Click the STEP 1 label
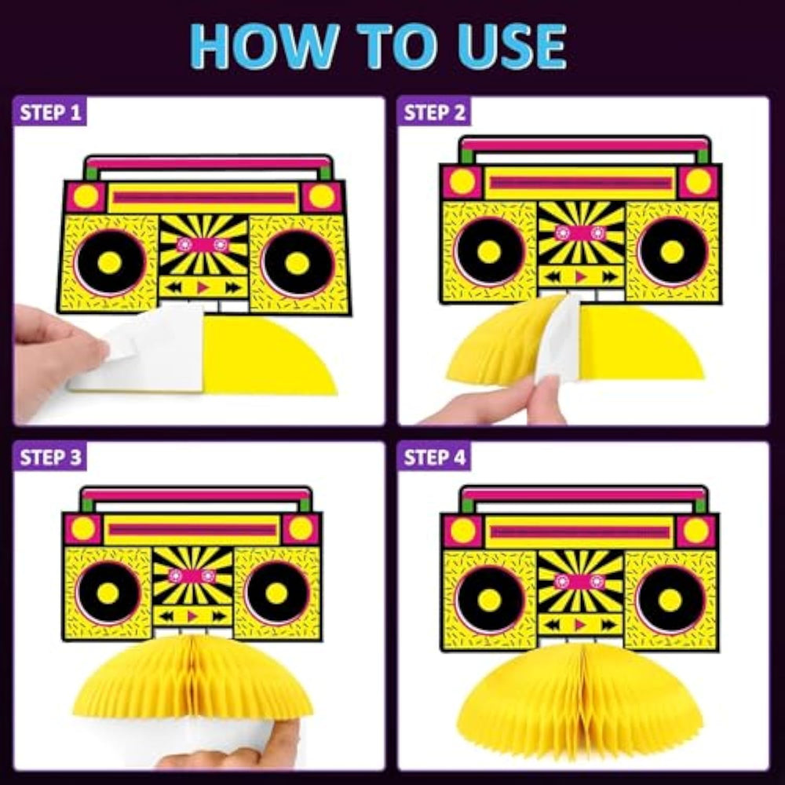click(50, 112)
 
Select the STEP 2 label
click(435, 112)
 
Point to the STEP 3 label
click(50, 458)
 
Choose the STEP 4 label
click(435, 458)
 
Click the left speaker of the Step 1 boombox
click(110, 262)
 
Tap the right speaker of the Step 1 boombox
click(298, 263)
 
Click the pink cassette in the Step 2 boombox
click(580, 233)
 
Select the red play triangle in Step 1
click(203, 287)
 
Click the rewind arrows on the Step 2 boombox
click(553, 276)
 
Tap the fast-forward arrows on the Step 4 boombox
click(609, 624)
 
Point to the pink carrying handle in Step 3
click(195, 495)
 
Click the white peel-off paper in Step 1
click(136, 348)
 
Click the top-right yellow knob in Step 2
click(698, 182)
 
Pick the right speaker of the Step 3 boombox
click(277, 593)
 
